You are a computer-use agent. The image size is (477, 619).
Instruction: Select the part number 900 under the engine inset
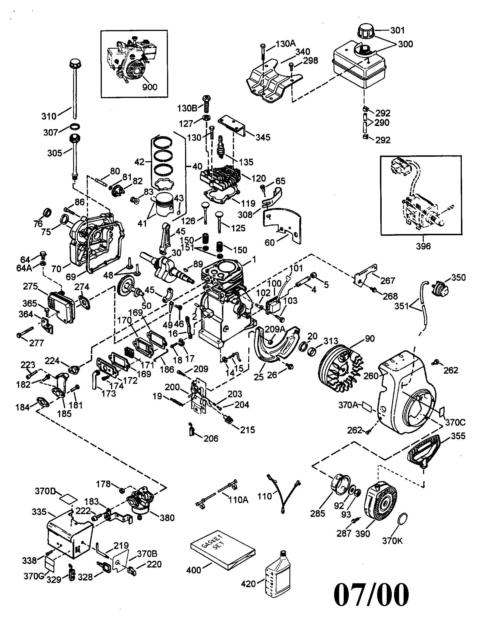149,87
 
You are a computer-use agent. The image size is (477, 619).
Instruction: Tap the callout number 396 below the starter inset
423,246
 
